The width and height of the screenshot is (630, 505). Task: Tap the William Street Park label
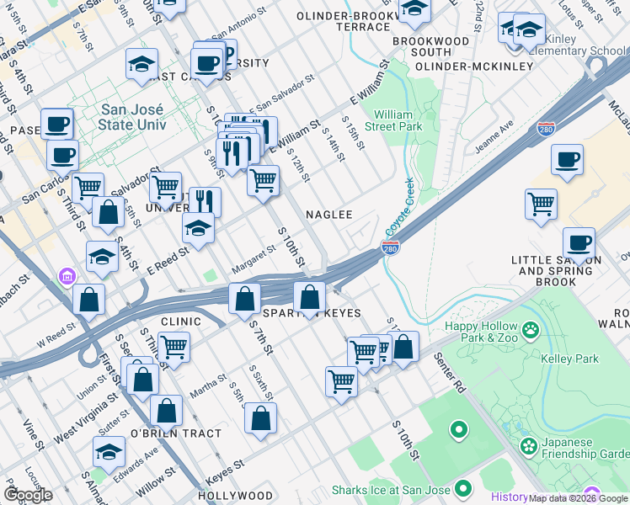pyautogui.click(x=398, y=120)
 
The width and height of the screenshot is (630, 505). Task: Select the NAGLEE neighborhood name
pyautogui.click(x=328, y=215)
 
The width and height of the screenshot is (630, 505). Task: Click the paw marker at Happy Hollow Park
pyautogui.click(x=531, y=327)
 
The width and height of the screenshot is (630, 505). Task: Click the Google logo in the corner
pyautogui.click(x=28, y=495)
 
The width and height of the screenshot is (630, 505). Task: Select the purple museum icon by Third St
pyautogui.click(x=66, y=276)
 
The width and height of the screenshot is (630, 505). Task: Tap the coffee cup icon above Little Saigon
pyautogui.click(x=579, y=242)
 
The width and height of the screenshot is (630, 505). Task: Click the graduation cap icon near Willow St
pyautogui.click(x=109, y=454)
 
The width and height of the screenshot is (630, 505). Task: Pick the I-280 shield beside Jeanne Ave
pyautogui.click(x=546, y=129)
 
